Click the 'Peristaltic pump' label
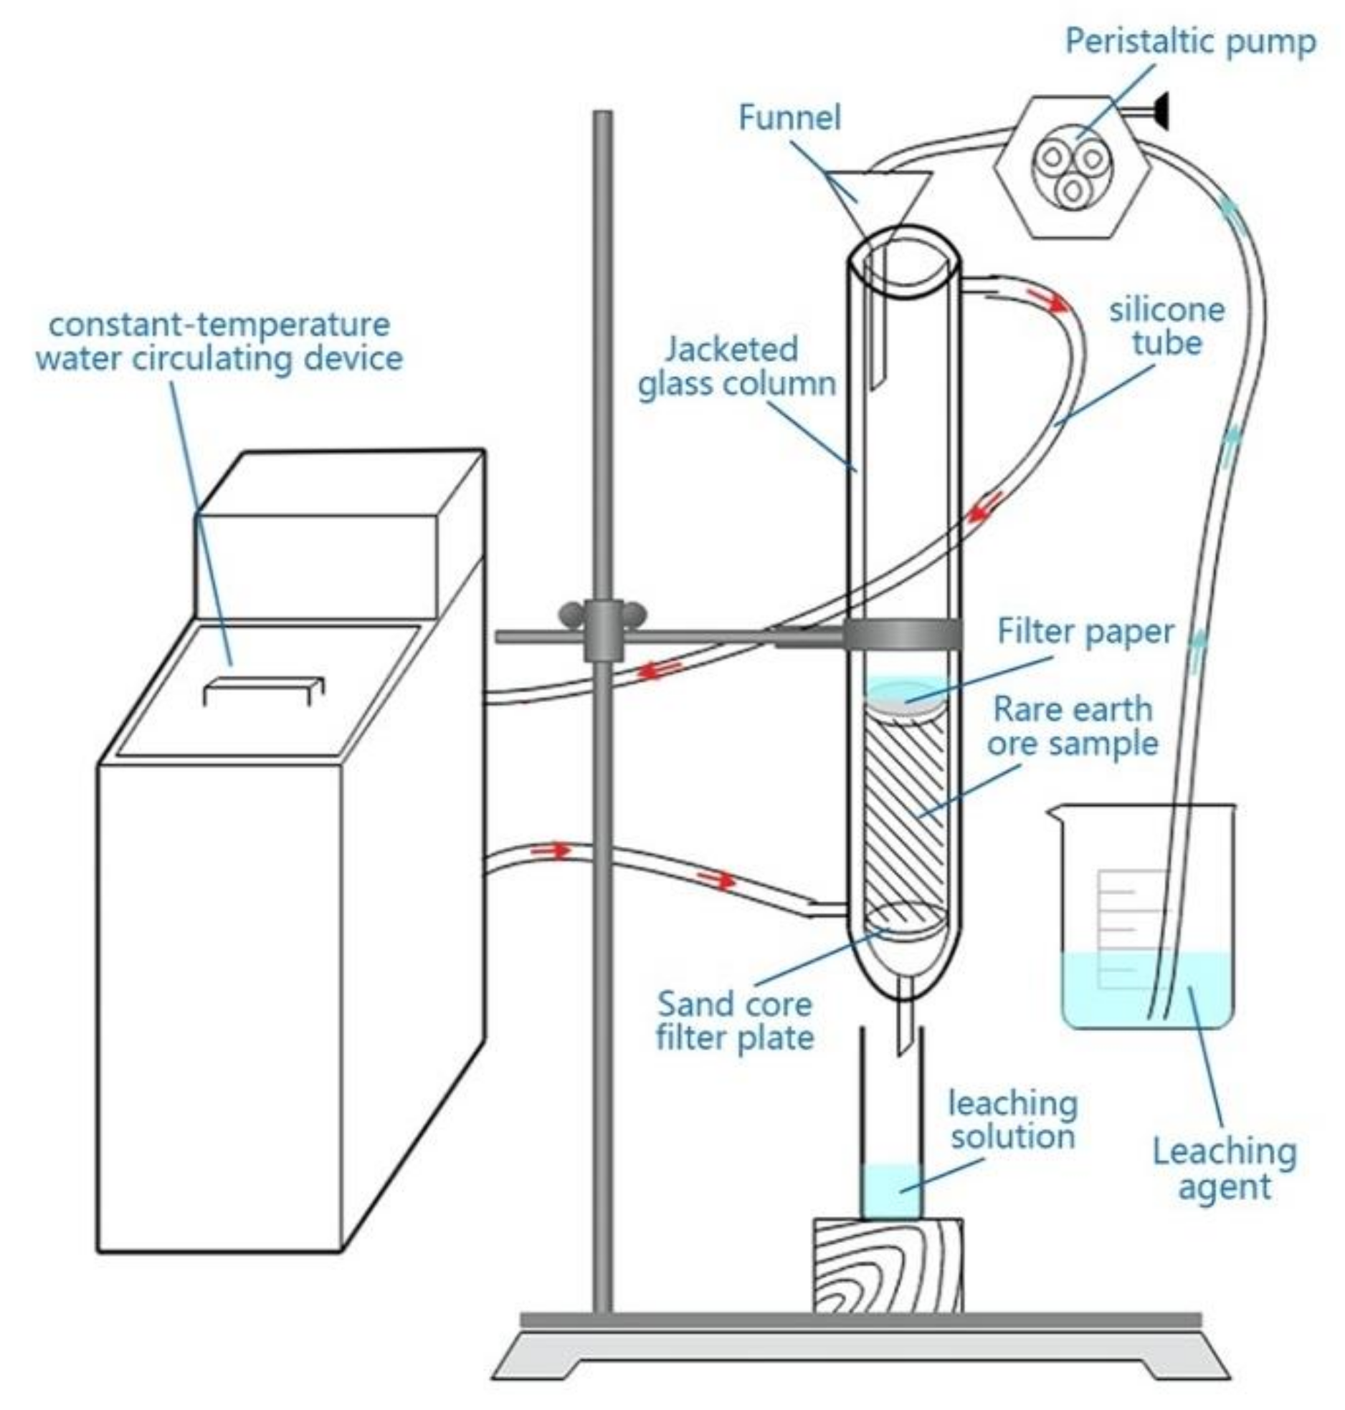pyautogui.click(x=1189, y=42)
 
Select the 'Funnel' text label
pyautogui.click(x=789, y=117)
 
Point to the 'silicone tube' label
pyautogui.click(x=1166, y=326)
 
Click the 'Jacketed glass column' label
pyautogui.click(x=737, y=366)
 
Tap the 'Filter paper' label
pyautogui.click(x=1085, y=632)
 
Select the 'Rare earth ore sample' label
pyautogui.click(x=1073, y=726)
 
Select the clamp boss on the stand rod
pyautogui.click(x=603, y=630)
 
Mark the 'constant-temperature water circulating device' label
pyautogui.click(x=219, y=342)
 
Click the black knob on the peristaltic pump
pyautogui.click(x=1159, y=112)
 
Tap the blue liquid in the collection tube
pyautogui.click(x=890, y=1190)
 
